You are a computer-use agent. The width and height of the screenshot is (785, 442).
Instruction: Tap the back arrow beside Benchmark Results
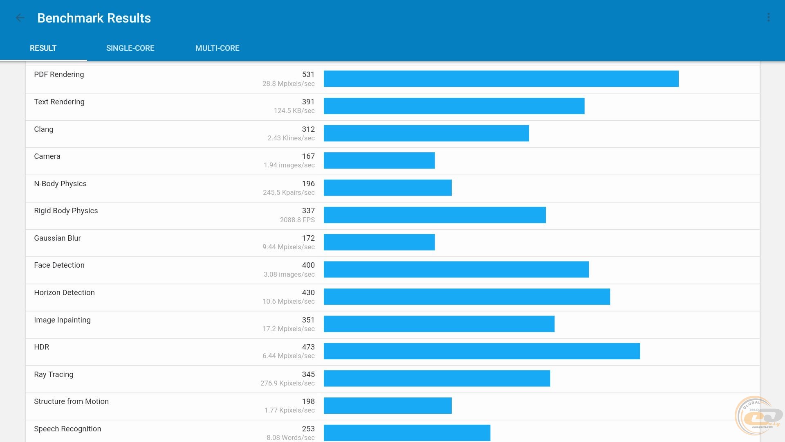point(20,18)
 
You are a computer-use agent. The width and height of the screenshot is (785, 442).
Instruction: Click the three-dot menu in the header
point(768,18)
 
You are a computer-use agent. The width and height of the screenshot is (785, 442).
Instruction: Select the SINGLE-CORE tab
point(130,48)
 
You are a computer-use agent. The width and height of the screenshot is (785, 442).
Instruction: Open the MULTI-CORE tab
point(217,48)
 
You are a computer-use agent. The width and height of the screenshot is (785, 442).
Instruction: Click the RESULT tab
point(43,48)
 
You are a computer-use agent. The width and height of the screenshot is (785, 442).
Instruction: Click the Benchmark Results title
point(94,18)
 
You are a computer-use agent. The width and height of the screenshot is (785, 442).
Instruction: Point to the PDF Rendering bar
point(501,79)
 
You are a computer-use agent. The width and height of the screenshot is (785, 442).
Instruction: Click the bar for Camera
point(379,160)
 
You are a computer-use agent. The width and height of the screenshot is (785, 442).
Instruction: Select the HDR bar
point(482,351)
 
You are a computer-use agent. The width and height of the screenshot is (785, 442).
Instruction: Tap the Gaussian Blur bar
point(379,242)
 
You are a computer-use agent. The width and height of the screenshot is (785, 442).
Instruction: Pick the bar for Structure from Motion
point(388,406)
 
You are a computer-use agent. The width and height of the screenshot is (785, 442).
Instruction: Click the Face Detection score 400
point(308,265)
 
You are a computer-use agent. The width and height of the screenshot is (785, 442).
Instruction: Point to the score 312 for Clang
point(308,129)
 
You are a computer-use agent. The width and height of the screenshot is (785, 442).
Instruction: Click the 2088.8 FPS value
point(297,220)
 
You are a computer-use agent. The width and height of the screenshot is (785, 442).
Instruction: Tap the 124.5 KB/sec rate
point(294,111)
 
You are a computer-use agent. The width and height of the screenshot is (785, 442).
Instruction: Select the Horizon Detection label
point(64,293)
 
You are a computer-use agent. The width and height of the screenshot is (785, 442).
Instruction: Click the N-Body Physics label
point(60,184)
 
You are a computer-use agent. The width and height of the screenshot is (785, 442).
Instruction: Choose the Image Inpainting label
point(62,320)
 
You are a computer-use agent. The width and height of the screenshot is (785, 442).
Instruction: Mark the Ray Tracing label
point(54,374)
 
